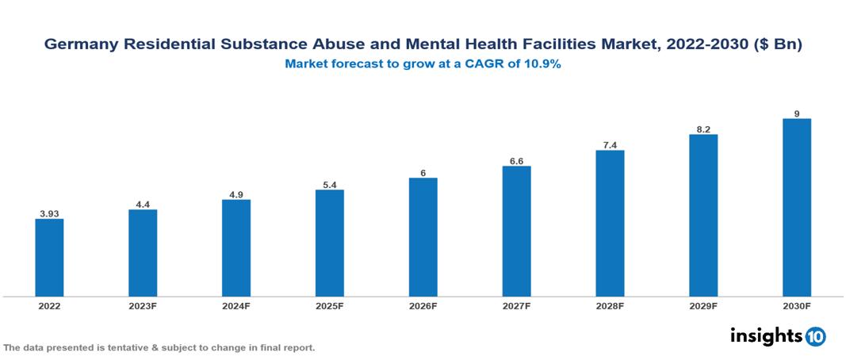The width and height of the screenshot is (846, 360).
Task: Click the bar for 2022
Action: tap(49, 257)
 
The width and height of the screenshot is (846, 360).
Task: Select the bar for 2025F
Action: tap(329, 243)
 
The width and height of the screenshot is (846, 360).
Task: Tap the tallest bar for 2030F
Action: tap(796, 207)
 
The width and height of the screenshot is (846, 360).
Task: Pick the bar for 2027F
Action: tap(516, 231)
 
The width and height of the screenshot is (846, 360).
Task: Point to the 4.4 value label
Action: tap(143, 204)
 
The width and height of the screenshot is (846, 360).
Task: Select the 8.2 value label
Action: tap(703, 128)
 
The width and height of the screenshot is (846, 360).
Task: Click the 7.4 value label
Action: tap(610, 144)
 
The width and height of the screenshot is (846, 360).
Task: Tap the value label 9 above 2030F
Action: tap(797, 113)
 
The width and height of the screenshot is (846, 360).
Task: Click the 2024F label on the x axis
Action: tap(236, 306)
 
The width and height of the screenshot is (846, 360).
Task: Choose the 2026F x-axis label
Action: tap(423, 306)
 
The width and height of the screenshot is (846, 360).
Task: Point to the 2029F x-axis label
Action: tap(703, 306)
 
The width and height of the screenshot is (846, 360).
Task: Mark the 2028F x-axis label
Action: tap(610, 306)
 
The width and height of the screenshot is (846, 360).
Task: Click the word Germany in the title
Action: tap(75, 46)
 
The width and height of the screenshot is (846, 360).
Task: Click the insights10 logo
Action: tap(778, 336)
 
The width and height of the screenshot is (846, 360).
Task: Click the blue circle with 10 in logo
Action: tap(815, 337)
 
